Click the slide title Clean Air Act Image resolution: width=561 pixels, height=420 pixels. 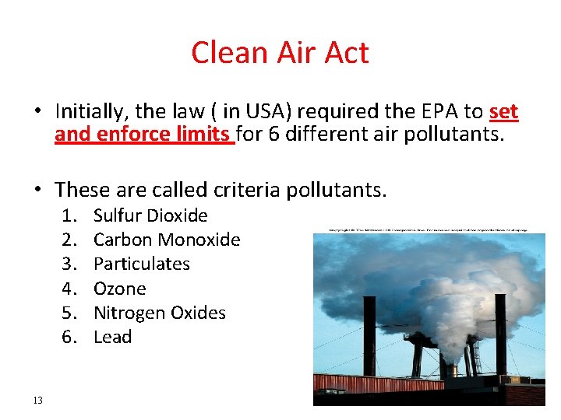(x=280, y=53)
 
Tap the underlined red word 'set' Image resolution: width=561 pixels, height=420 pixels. (x=503, y=112)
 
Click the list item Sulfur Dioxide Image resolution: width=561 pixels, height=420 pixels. (x=150, y=215)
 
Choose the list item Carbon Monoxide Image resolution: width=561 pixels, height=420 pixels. (x=167, y=240)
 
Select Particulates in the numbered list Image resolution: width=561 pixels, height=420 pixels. (x=141, y=264)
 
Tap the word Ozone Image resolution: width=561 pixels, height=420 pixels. (x=119, y=289)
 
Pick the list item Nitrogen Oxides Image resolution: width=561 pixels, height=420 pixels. (x=159, y=313)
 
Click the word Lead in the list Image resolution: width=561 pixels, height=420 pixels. (x=112, y=337)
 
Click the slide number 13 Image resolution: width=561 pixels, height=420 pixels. (x=38, y=401)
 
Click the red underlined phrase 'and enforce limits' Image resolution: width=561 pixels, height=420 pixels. (x=143, y=135)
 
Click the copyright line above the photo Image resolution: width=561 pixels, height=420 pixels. (x=429, y=230)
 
